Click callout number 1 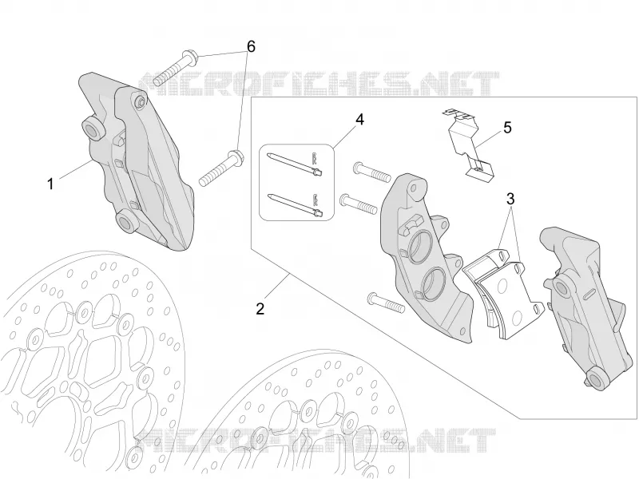coord(50,184)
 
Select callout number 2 coord(260,308)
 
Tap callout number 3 coord(510,199)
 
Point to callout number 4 coord(359,119)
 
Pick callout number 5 coord(507,128)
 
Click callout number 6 coord(251,47)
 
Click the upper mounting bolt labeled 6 coord(176,67)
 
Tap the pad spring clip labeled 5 coord(469,144)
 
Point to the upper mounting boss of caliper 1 coord(93,129)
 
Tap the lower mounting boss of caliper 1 coord(127,222)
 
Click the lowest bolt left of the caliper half coord(386,303)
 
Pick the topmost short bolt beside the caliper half coord(372,172)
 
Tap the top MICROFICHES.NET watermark coord(319,85)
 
